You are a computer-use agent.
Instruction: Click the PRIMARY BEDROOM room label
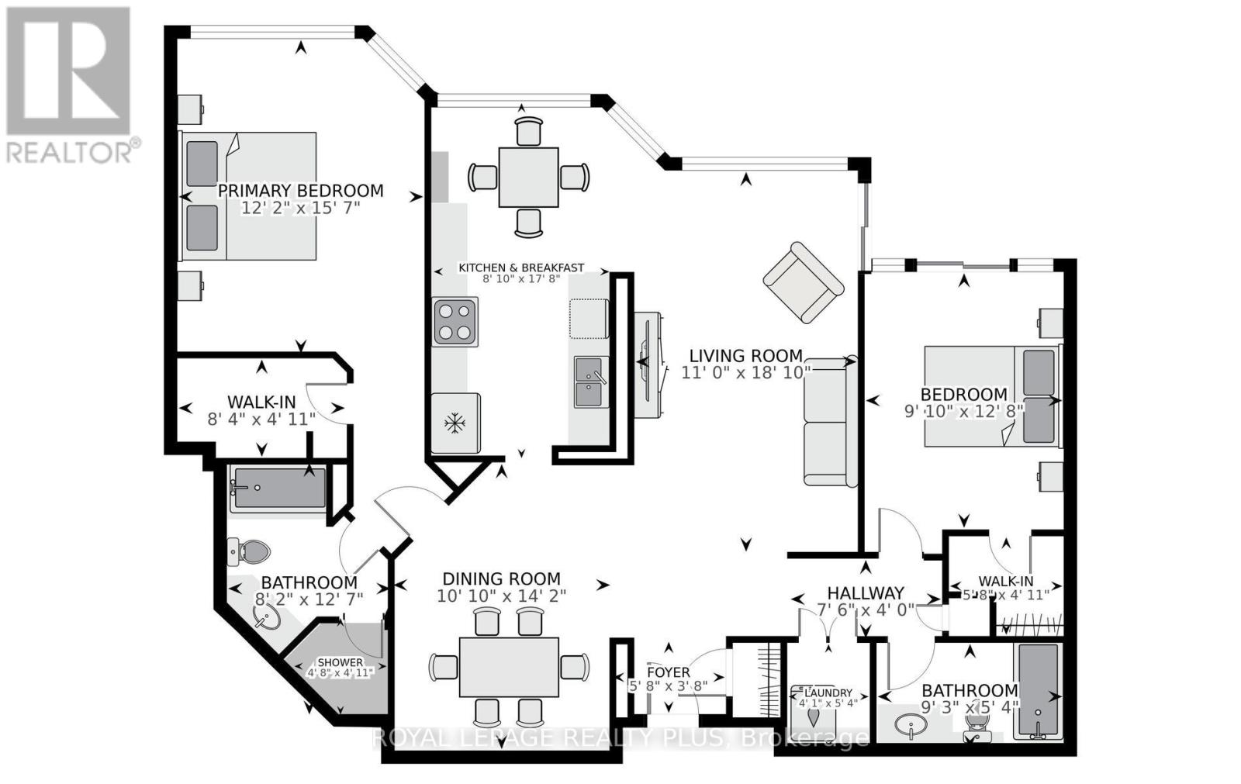300,191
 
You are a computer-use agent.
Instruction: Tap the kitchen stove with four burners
455,322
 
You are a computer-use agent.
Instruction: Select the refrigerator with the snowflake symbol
455,423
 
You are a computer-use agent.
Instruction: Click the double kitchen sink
591,382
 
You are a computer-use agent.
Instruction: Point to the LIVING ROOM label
745,356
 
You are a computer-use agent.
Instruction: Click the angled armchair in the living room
804,282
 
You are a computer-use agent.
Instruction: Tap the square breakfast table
528,178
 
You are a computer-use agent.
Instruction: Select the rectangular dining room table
509,667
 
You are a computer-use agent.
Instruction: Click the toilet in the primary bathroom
248,552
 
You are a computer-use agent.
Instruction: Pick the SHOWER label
340,662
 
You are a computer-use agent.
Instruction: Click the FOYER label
669,672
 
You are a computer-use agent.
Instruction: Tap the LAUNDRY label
828,693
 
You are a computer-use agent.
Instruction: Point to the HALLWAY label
866,593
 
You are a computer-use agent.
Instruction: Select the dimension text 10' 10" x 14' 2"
501,596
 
